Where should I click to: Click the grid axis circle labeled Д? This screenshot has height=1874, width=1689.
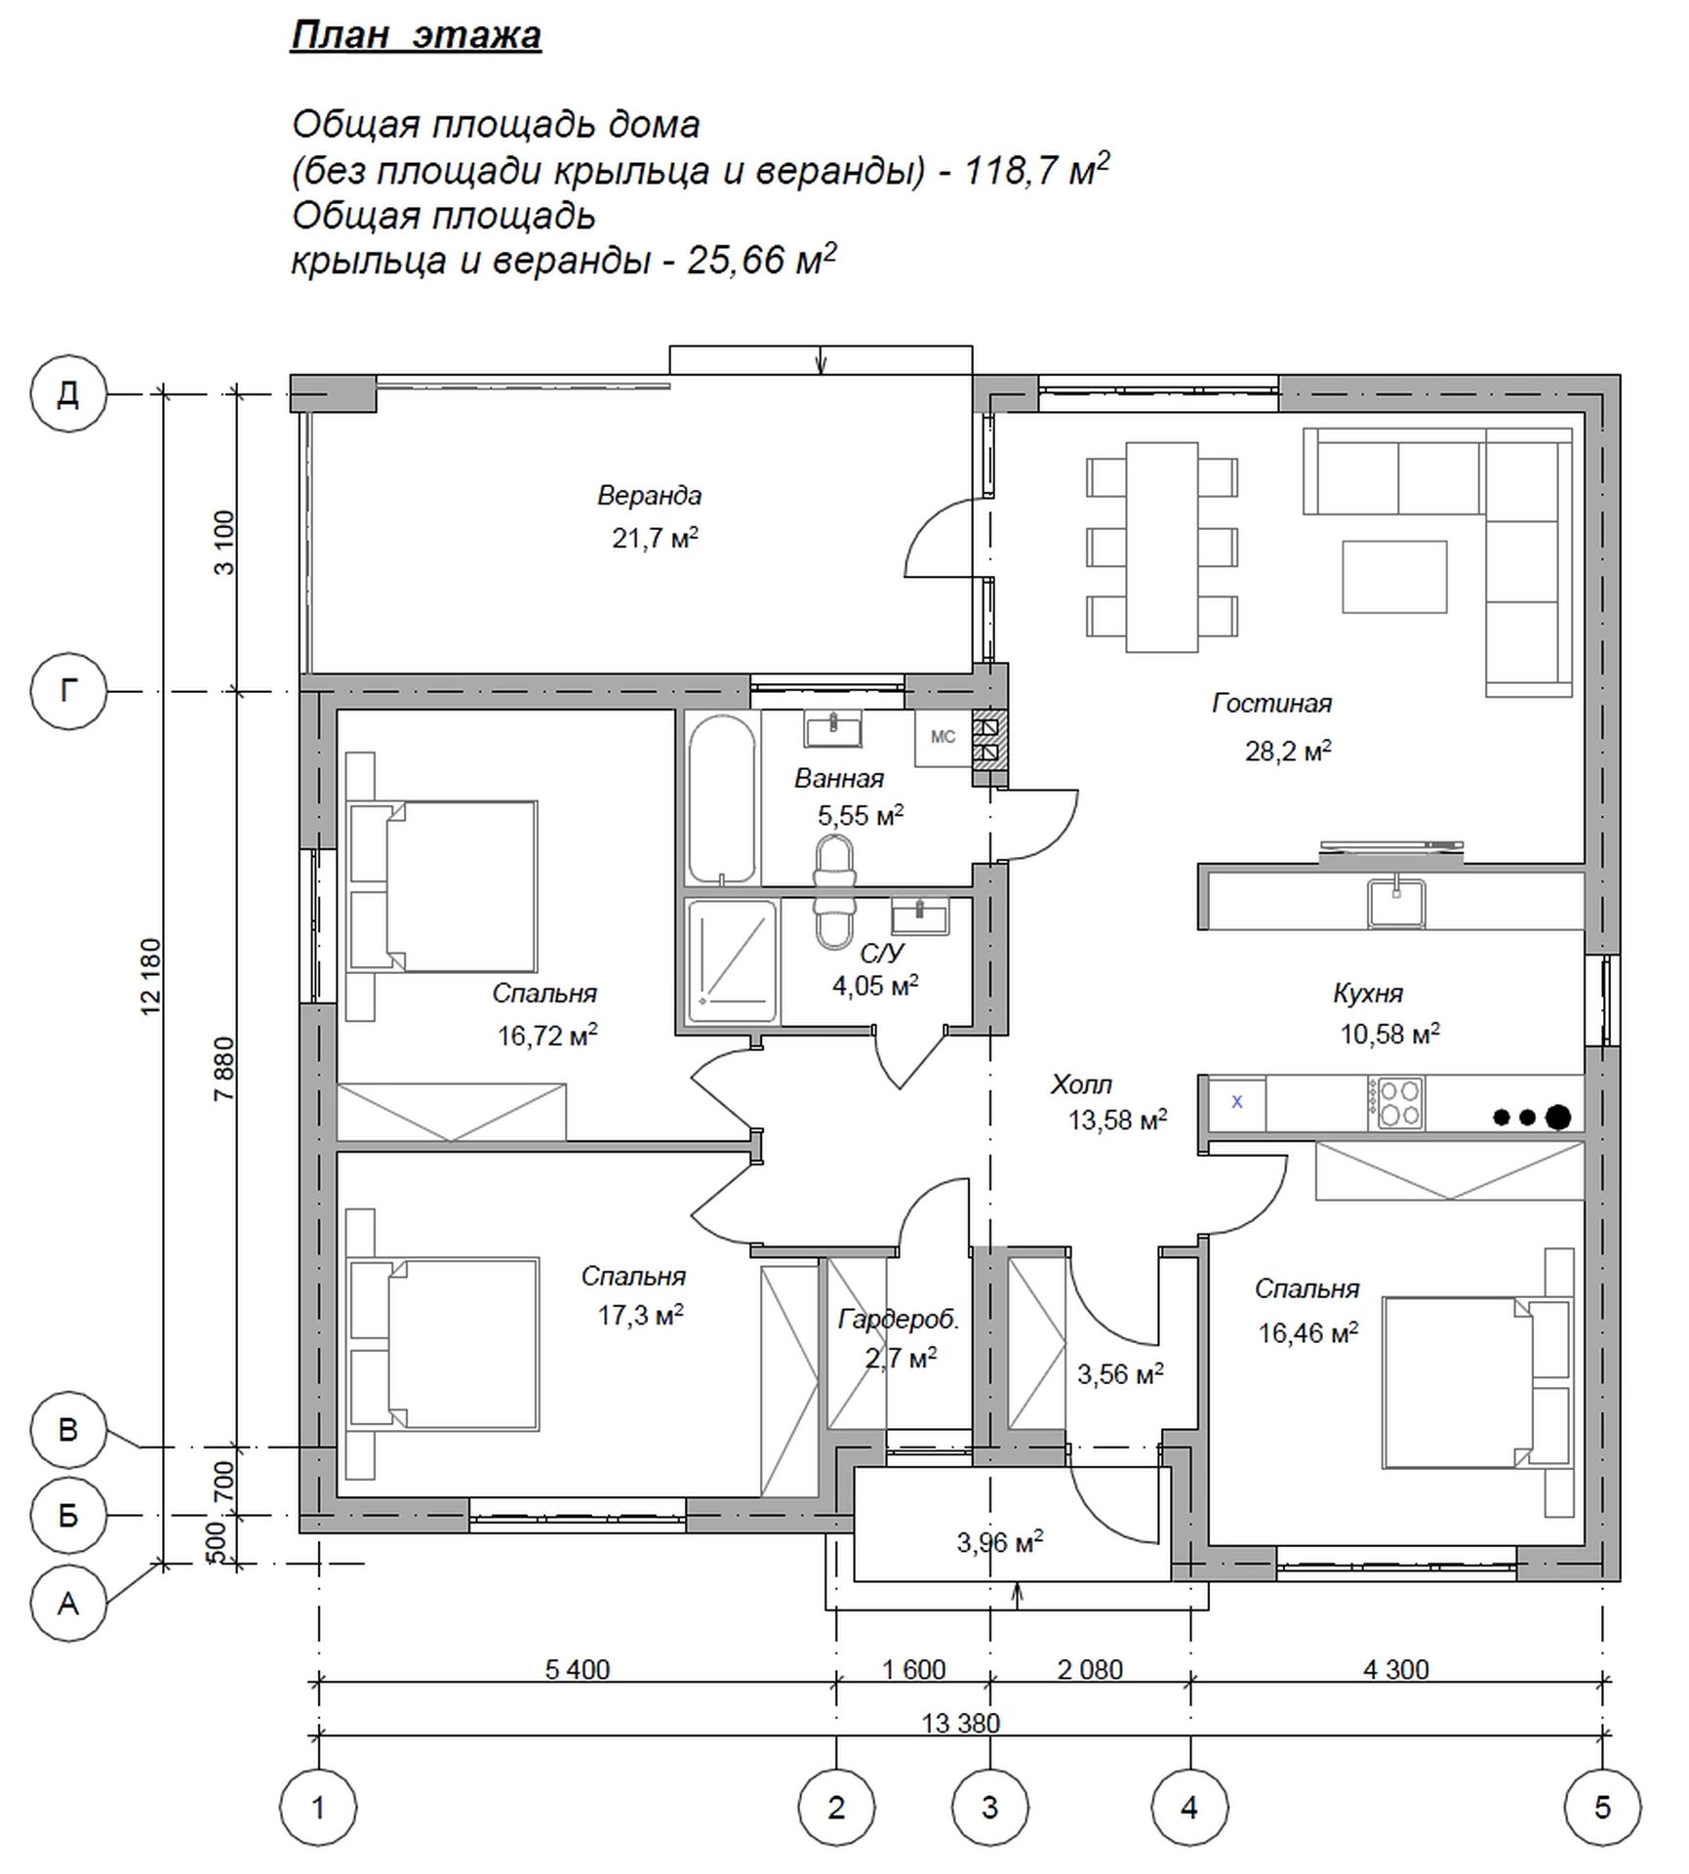point(68,394)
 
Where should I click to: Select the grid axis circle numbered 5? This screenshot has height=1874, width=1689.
point(1602,1808)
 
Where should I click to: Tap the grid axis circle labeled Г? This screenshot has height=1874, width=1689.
point(68,691)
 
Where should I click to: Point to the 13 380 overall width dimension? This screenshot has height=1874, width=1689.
point(961,1724)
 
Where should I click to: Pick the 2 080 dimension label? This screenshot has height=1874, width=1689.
point(1090,1670)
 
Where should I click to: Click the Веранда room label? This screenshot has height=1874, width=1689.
point(649,496)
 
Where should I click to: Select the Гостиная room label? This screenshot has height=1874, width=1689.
point(1271,703)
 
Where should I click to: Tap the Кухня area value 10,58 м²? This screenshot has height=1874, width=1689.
point(1389,1034)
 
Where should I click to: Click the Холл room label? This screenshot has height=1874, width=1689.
point(1081,1084)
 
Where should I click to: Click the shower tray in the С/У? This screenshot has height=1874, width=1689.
point(732,960)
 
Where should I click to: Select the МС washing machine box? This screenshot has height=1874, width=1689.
point(943,738)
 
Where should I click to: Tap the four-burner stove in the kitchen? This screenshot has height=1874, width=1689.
point(1395,1103)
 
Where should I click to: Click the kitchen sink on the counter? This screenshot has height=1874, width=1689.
point(1395,903)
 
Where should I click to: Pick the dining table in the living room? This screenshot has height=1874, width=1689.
point(1162,547)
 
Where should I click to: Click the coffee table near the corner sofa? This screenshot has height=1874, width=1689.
point(1393,577)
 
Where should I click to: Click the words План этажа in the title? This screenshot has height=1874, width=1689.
point(416,36)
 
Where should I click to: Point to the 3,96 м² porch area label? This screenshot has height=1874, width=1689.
point(1000,1543)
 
